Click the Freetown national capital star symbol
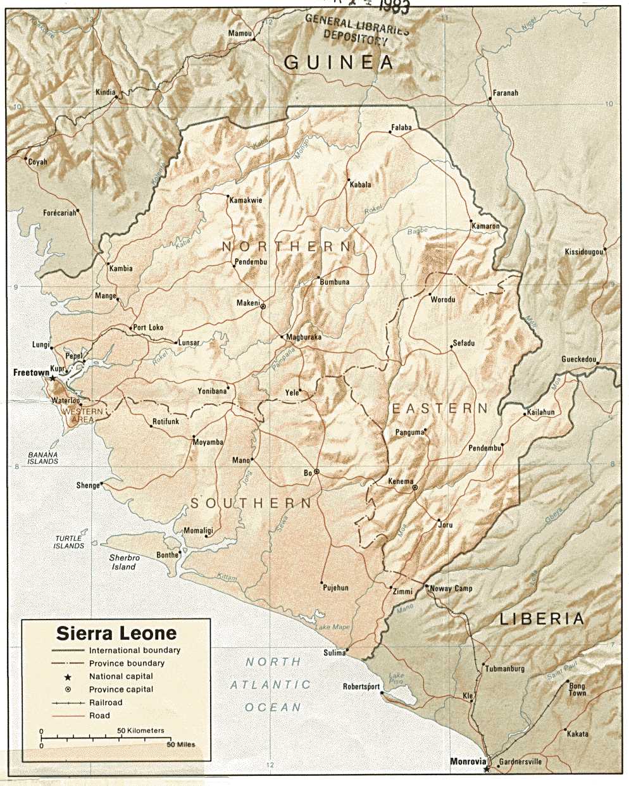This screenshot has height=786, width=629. pos(53,378)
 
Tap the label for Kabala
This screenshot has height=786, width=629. pos(360,185)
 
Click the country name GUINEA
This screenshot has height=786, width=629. pos(339,62)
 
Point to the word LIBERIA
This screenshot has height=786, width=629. pos(542,618)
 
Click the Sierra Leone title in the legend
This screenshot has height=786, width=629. pos(116,633)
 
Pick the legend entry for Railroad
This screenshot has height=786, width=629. pos(106,702)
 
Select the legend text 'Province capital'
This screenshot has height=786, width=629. pos(121,689)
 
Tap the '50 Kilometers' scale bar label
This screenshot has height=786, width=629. pos(140,730)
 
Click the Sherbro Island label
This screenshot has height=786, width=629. pos(124,563)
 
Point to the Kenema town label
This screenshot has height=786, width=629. pos(401,482)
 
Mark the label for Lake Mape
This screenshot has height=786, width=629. pos(332,627)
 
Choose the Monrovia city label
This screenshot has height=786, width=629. pos(468,762)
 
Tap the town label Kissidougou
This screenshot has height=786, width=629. pos(583,252)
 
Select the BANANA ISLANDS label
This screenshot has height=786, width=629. pos(43,458)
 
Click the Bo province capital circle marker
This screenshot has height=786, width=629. pos(316,472)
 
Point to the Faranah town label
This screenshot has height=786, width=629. pos(505,93)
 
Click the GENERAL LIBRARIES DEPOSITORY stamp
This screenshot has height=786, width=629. pos(356,29)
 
